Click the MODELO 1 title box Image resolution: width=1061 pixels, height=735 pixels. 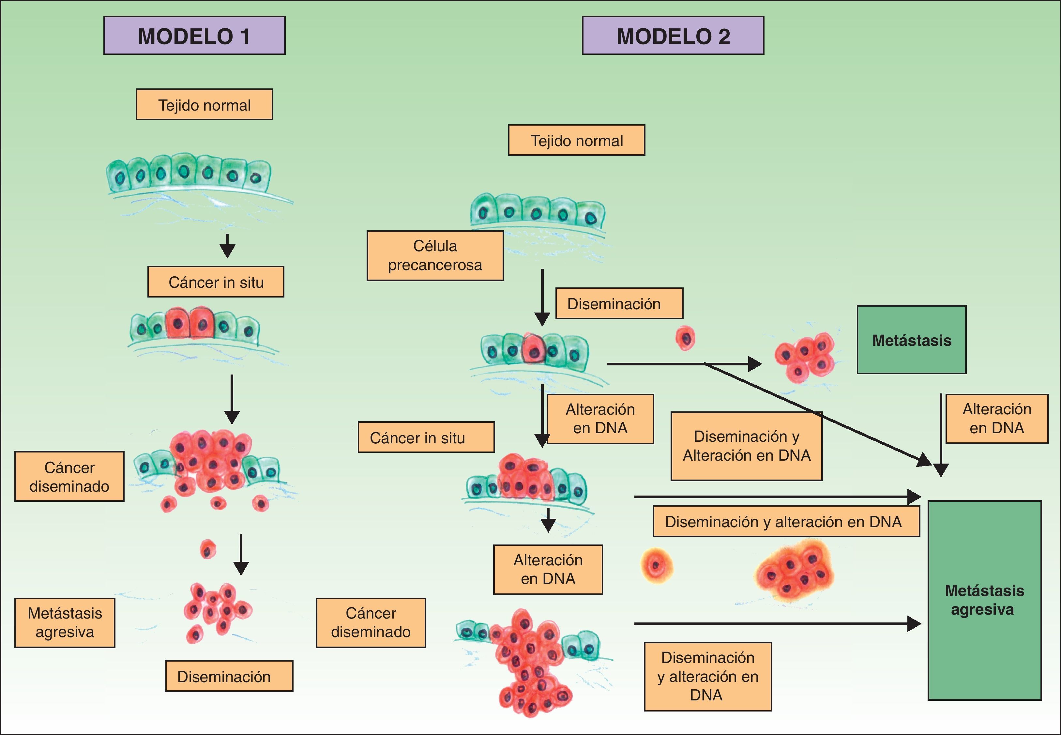194,36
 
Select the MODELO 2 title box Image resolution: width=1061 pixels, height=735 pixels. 673,36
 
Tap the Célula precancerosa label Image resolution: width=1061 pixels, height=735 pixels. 435,255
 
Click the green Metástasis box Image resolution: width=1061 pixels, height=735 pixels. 911,340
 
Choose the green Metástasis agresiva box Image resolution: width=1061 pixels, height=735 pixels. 985,600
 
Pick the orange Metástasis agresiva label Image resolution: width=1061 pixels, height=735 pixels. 65,623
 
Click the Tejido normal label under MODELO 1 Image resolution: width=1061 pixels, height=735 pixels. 205,105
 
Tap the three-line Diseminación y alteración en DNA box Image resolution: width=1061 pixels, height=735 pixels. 707,677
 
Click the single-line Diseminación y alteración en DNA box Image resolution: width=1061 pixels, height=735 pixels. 786,521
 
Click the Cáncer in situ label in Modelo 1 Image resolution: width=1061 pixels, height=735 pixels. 216,282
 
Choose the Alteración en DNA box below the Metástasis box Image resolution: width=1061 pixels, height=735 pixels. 996,419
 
